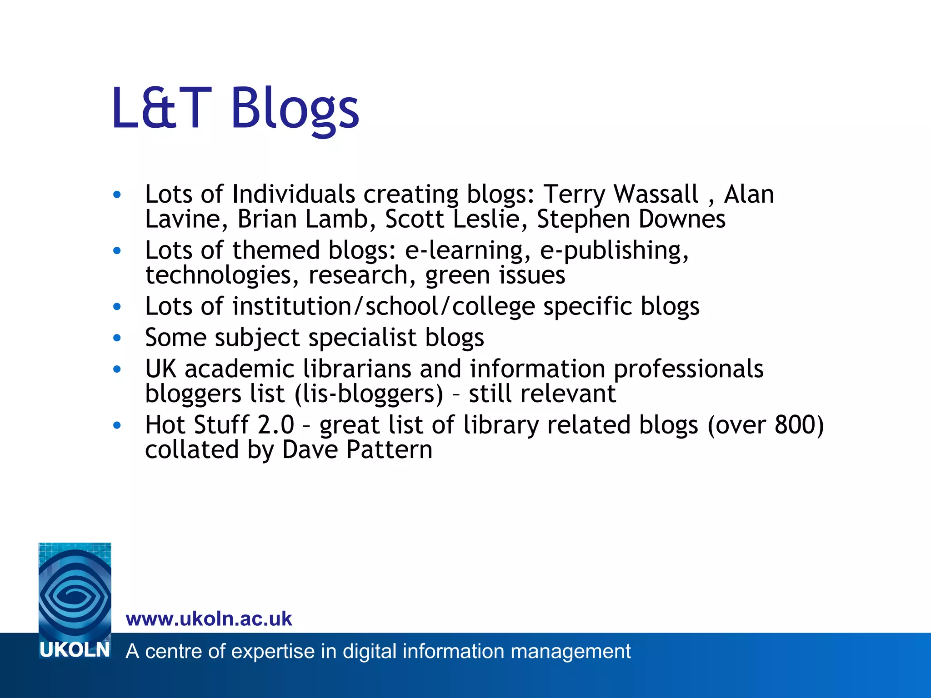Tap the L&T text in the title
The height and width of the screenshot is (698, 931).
point(161,109)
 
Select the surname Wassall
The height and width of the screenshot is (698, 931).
point(656,194)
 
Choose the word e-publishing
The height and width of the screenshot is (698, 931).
point(614,251)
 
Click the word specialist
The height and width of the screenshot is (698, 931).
point(361,338)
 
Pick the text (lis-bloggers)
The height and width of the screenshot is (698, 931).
point(369,394)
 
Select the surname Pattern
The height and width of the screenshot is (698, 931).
point(389,450)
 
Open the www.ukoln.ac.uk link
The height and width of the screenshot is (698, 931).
point(209,619)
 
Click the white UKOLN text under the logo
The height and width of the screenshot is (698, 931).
point(75,650)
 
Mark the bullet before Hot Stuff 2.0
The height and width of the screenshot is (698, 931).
point(117,425)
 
